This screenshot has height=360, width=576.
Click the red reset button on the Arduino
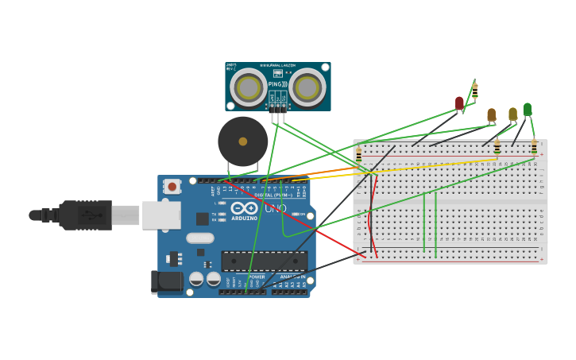pos(172,186)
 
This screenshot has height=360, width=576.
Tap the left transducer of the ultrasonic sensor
pos(249,87)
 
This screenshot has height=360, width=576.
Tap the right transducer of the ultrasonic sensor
pos(307,87)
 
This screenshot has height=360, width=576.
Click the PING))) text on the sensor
pos(277,84)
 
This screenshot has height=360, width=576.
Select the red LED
pos(459,103)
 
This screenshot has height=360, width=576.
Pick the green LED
pos(527,110)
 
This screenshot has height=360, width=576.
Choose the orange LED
pos(491,115)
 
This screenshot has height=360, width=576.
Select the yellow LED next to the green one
pos(512,114)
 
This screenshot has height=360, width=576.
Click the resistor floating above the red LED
pos(474,91)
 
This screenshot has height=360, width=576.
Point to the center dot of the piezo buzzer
pos(242,141)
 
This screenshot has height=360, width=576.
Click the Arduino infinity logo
pos(244,208)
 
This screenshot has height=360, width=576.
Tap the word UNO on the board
pos(275,208)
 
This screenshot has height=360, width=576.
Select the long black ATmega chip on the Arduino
pos(264,261)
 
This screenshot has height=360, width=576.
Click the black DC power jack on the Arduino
pos(167,281)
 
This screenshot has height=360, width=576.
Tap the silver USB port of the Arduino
pos(161,215)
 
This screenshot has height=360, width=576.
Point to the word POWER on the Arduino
pos(256,277)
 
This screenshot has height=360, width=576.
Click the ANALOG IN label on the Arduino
pos(291,277)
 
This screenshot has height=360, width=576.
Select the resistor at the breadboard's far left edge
pos(358,155)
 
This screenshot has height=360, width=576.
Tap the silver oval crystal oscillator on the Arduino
pos(200,238)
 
